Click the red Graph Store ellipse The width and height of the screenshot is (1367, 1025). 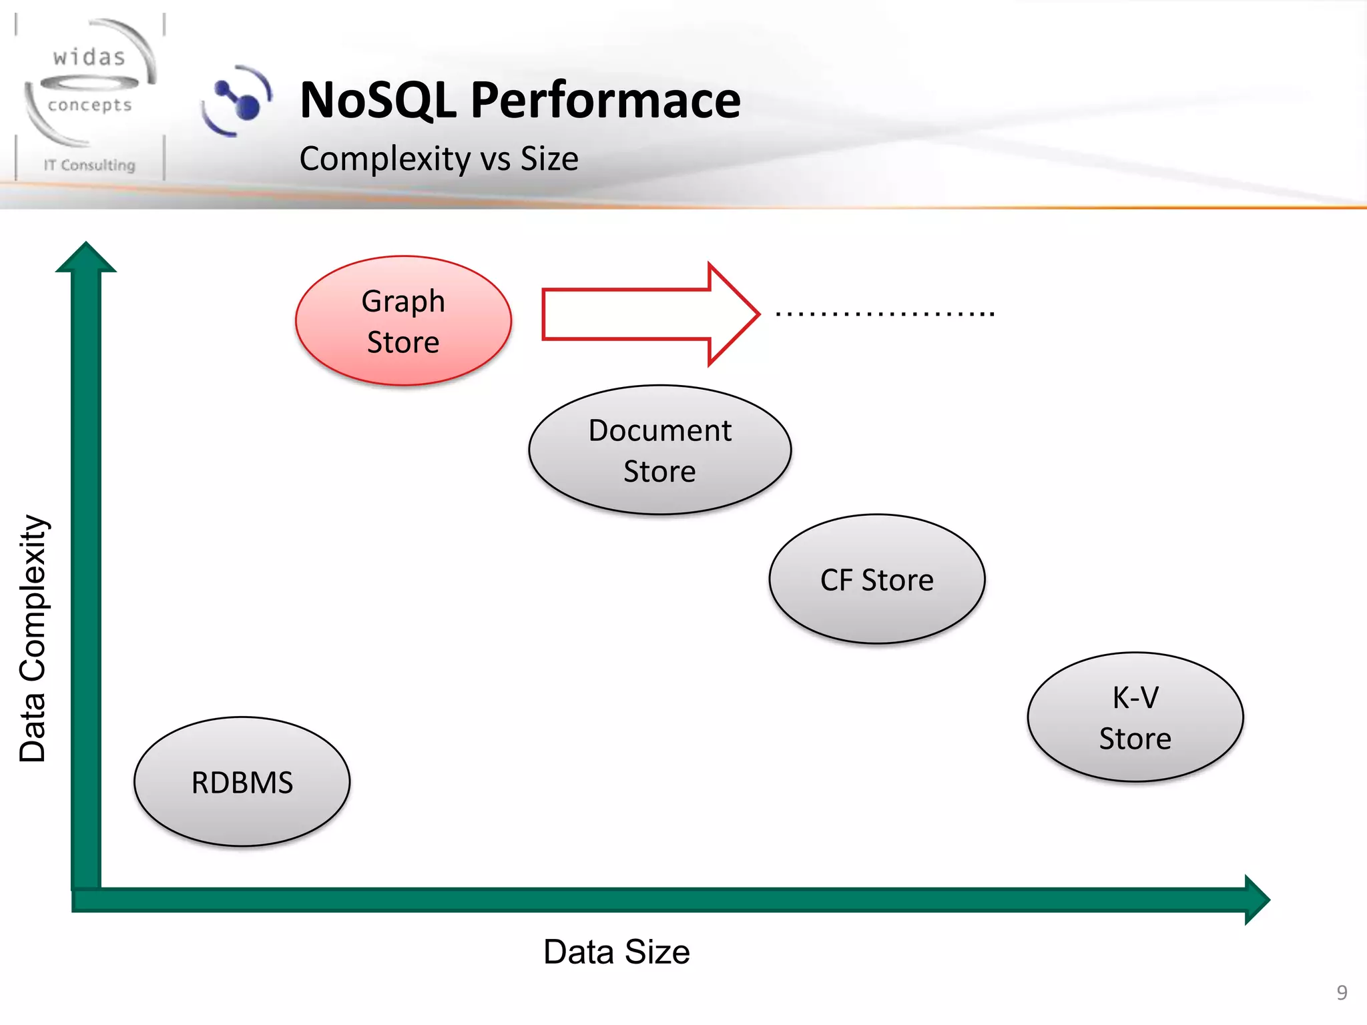point(403,321)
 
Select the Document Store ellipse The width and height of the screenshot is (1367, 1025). point(659,450)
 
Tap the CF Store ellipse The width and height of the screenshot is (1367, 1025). point(876,579)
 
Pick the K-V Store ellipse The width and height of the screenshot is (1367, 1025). point(1135,717)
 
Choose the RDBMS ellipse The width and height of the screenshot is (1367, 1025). point(242,782)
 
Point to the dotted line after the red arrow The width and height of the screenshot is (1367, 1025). point(885,313)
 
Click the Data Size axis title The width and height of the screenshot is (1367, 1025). point(616,952)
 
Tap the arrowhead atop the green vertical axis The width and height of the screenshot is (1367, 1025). point(86,258)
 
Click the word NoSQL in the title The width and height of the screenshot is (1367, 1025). point(378,100)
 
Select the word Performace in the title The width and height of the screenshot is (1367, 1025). point(605,100)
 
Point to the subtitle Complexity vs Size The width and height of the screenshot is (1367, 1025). point(439,159)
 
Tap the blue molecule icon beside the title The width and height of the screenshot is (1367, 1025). point(237,101)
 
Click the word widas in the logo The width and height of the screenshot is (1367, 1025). point(89,57)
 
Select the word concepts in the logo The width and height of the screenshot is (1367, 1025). point(89,105)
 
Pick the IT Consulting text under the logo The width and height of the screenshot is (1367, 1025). point(89,165)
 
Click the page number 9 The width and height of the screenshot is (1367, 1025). point(1342,992)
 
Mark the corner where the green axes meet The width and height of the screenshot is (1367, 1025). point(86,900)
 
